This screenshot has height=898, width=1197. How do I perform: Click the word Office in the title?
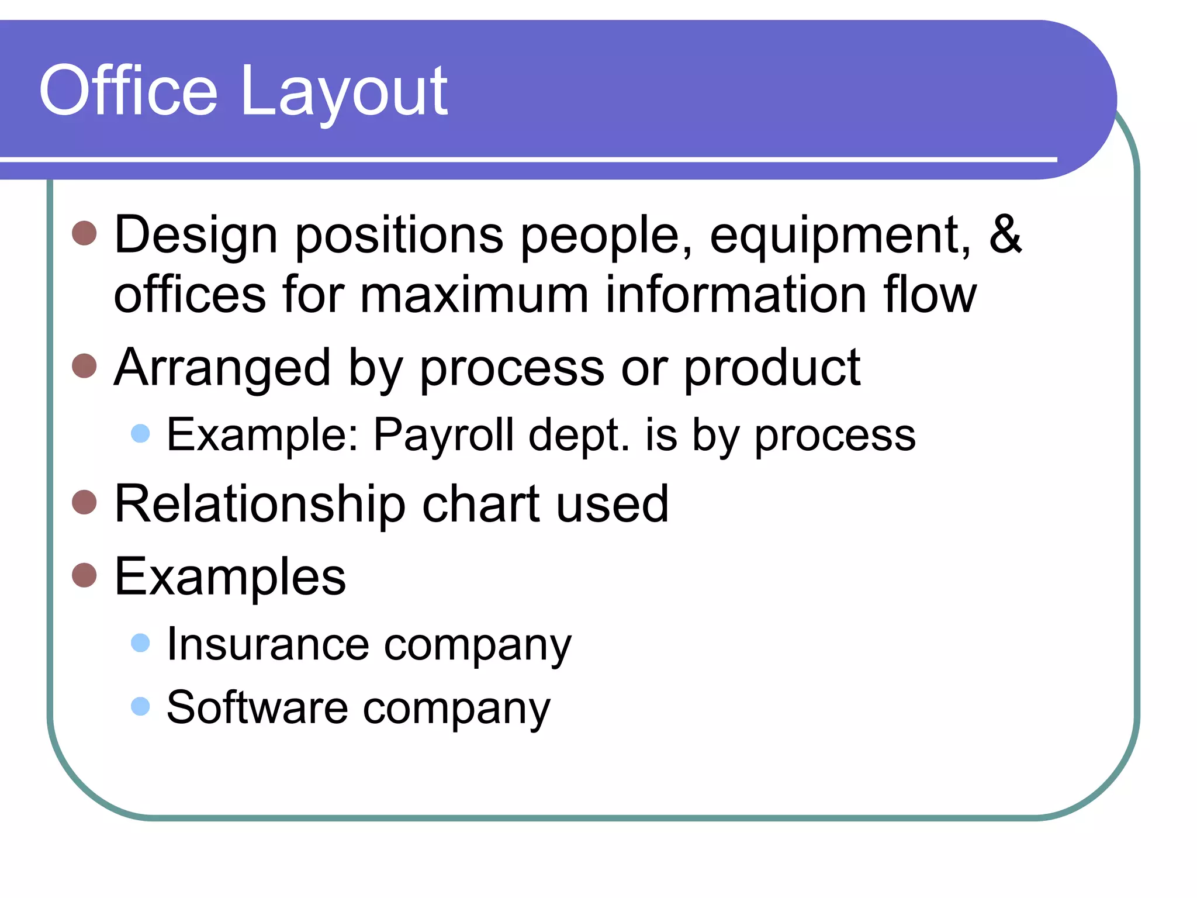(x=128, y=91)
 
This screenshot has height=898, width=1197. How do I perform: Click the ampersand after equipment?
(x=1005, y=234)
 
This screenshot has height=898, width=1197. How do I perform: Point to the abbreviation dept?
(x=579, y=436)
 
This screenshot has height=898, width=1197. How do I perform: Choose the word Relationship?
(x=260, y=503)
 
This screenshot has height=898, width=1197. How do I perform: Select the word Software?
(x=257, y=707)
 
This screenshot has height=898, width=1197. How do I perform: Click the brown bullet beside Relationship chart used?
(x=84, y=502)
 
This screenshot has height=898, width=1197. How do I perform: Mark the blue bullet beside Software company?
(x=140, y=706)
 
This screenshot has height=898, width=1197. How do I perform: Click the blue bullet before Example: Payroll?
(x=140, y=433)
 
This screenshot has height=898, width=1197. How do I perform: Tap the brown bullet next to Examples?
(x=84, y=575)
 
